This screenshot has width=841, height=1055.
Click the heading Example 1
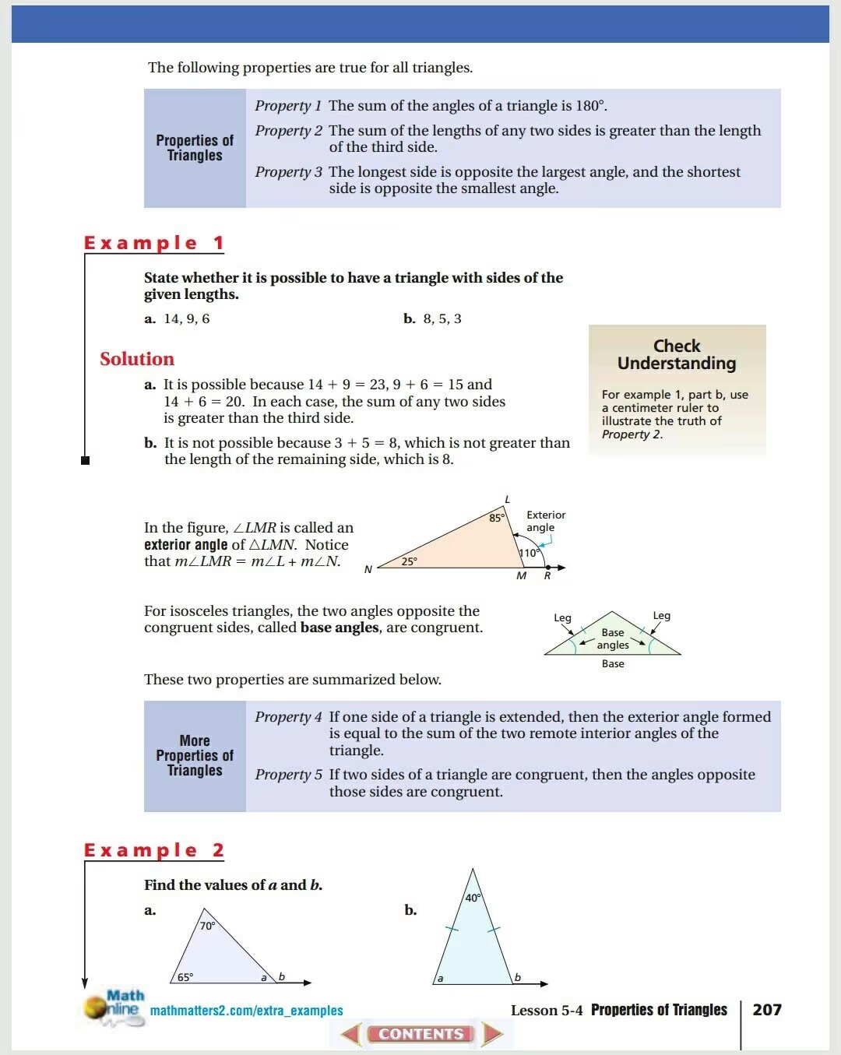pos(154,243)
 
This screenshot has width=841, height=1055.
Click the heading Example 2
pos(154,850)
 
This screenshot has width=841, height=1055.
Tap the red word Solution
pos(137,359)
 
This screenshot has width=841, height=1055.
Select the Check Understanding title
pos(676,354)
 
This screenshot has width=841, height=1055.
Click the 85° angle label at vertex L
pos(497,518)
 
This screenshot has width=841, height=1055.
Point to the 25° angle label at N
pos(409,561)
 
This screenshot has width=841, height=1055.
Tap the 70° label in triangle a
pos(207,926)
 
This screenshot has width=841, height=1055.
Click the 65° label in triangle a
pos(185,977)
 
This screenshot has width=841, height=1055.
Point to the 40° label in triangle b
pos(473,898)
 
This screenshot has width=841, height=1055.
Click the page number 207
pos(767,1010)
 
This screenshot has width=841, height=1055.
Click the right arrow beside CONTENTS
pos(492,1034)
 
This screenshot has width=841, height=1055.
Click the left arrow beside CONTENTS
pos(351,1034)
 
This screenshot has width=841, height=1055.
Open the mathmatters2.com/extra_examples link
pos(246,1011)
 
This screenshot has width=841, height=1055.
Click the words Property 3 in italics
pos(288,172)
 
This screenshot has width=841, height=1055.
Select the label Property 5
pos(288,775)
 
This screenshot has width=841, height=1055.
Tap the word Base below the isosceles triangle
pos(613,664)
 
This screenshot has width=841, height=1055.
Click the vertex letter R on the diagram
pos(547,576)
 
